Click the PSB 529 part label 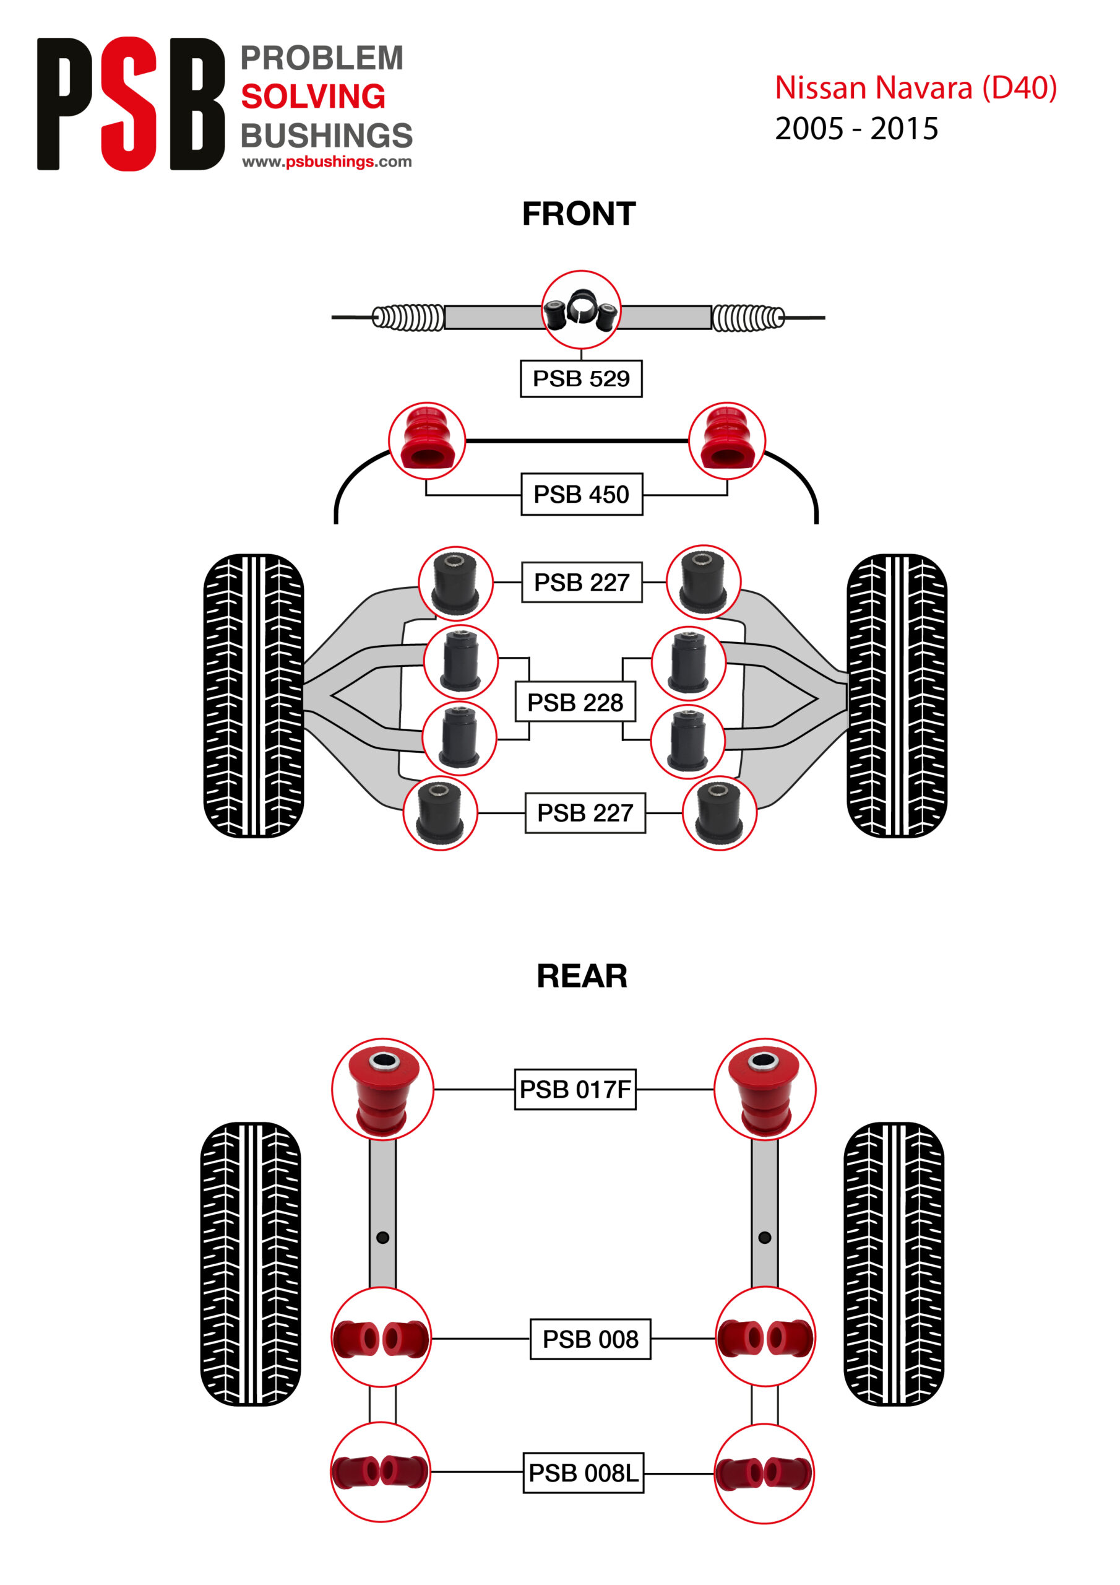pos(581,378)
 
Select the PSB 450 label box pos(581,494)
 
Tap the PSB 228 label pos(575,702)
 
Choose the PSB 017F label pos(575,1088)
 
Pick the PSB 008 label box pos(590,1339)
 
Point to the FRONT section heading pos(579,214)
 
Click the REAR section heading pos(582,976)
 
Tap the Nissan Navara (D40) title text pos(915,89)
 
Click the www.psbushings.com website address pos(326,162)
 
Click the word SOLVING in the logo pos(312,97)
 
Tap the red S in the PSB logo pos(129,103)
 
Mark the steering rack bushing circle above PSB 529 pos(581,310)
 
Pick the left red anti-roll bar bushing pos(427,440)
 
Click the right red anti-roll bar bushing pos(726,440)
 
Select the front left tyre pos(253,695)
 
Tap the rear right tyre pos(894,1263)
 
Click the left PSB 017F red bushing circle pos(382,1088)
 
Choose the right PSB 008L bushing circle pos(764,1473)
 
